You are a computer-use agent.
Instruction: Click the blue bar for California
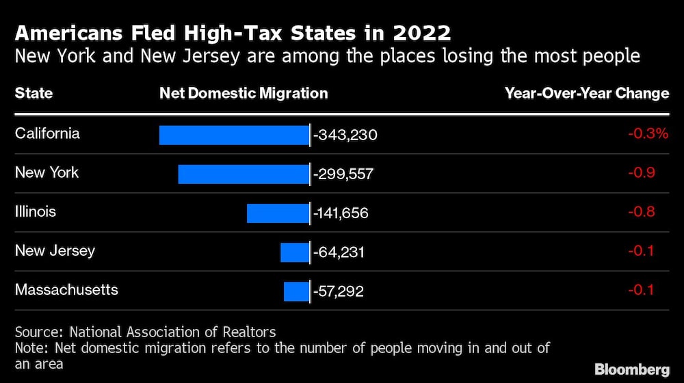point(234,135)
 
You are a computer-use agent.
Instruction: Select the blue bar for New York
point(244,174)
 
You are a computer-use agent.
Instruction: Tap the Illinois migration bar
point(278,213)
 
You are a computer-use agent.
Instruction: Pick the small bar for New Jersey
point(295,252)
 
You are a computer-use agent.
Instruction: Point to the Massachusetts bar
point(296,291)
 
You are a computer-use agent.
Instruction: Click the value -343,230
point(345,135)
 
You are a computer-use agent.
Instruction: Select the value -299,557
point(343,174)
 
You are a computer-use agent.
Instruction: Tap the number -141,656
point(341,213)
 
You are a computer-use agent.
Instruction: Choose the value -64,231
point(339,252)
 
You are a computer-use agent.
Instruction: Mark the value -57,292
point(339,291)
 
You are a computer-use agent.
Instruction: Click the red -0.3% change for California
point(648,133)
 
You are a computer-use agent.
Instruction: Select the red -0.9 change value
point(642,172)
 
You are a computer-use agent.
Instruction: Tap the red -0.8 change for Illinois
point(642,211)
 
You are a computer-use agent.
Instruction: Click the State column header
point(34,93)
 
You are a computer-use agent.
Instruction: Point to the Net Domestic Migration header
point(244,93)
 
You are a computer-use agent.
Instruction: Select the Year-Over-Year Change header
point(587,93)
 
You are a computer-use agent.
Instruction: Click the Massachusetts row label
point(66,289)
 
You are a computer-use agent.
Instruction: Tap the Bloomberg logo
point(632,369)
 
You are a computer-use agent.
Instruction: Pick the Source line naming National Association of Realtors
point(146,332)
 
